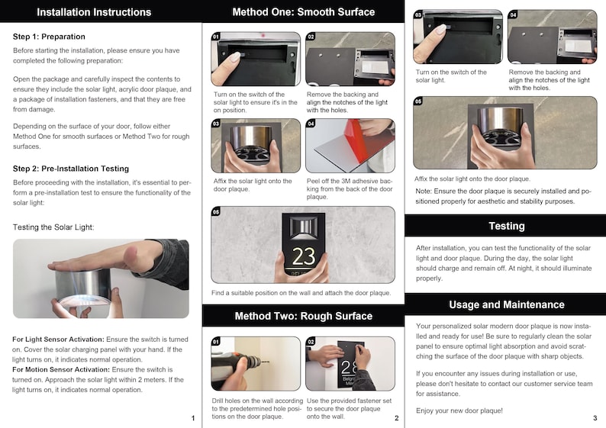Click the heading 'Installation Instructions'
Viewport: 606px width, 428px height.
(x=94, y=12)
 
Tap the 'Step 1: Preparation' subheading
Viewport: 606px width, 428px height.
(x=49, y=37)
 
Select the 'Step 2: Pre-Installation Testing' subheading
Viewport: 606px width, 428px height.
(x=71, y=169)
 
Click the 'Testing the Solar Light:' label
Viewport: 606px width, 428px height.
(x=53, y=227)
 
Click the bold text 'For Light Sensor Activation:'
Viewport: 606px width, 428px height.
(x=58, y=340)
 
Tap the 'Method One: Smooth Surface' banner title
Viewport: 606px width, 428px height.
(x=304, y=12)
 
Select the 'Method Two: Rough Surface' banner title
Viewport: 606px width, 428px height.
(x=304, y=316)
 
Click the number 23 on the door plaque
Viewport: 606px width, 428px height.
(x=304, y=256)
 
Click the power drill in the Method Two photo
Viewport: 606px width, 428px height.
(x=237, y=364)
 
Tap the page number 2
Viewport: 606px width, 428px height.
(x=397, y=417)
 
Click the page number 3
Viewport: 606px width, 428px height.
(x=595, y=417)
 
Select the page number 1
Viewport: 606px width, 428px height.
(x=193, y=417)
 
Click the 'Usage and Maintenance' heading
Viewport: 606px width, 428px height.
(x=507, y=304)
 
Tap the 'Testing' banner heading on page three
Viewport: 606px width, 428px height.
(x=507, y=226)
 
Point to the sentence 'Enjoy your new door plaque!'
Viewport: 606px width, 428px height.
(x=459, y=410)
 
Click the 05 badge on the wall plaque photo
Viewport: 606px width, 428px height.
(x=216, y=211)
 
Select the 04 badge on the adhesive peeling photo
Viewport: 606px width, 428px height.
(x=311, y=124)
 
